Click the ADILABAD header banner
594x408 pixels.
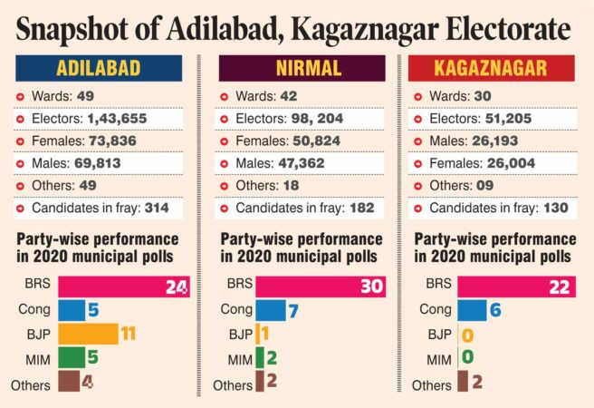click(x=104, y=69)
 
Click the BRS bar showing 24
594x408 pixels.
click(x=124, y=287)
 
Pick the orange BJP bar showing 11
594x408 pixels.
click(x=89, y=334)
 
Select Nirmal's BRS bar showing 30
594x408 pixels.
click(x=320, y=287)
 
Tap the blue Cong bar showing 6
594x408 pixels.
click(x=472, y=310)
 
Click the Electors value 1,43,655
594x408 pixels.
click(x=117, y=118)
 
